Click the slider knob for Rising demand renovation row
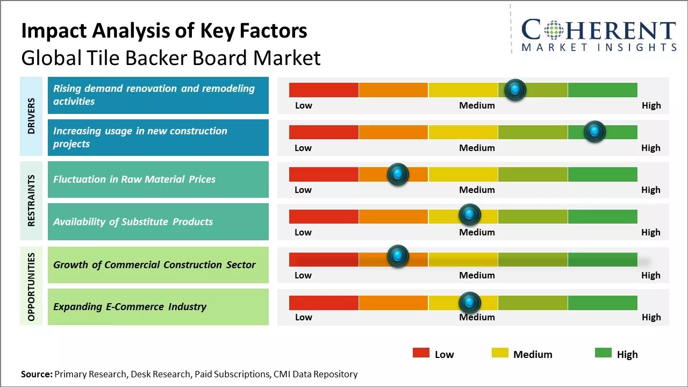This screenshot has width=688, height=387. click(515, 89)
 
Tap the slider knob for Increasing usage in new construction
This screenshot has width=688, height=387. click(594, 132)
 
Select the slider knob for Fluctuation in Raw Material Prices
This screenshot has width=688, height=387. click(398, 174)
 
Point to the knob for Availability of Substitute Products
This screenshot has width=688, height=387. click(470, 214)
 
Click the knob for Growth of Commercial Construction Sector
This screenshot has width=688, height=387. click(398, 256)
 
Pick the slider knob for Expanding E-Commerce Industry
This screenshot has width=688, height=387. click(470, 303)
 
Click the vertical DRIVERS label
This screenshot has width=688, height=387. click(32, 116)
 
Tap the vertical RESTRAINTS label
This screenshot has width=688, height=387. click(32, 200)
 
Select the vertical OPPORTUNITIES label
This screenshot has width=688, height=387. click(32, 287)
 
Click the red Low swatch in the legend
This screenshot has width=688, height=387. click(421, 353)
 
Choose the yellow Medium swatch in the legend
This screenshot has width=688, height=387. click(500, 353)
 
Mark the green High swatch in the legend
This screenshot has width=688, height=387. click(603, 353)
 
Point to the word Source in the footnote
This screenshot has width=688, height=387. click(36, 374)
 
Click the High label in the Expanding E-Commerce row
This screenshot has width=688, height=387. click(651, 317)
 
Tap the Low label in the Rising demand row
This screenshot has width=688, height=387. click(303, 105)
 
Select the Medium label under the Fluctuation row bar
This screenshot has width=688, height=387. click(477, 190)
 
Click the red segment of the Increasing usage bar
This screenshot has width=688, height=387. click(324, 132)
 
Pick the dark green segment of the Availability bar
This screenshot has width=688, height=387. click(602, 217)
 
